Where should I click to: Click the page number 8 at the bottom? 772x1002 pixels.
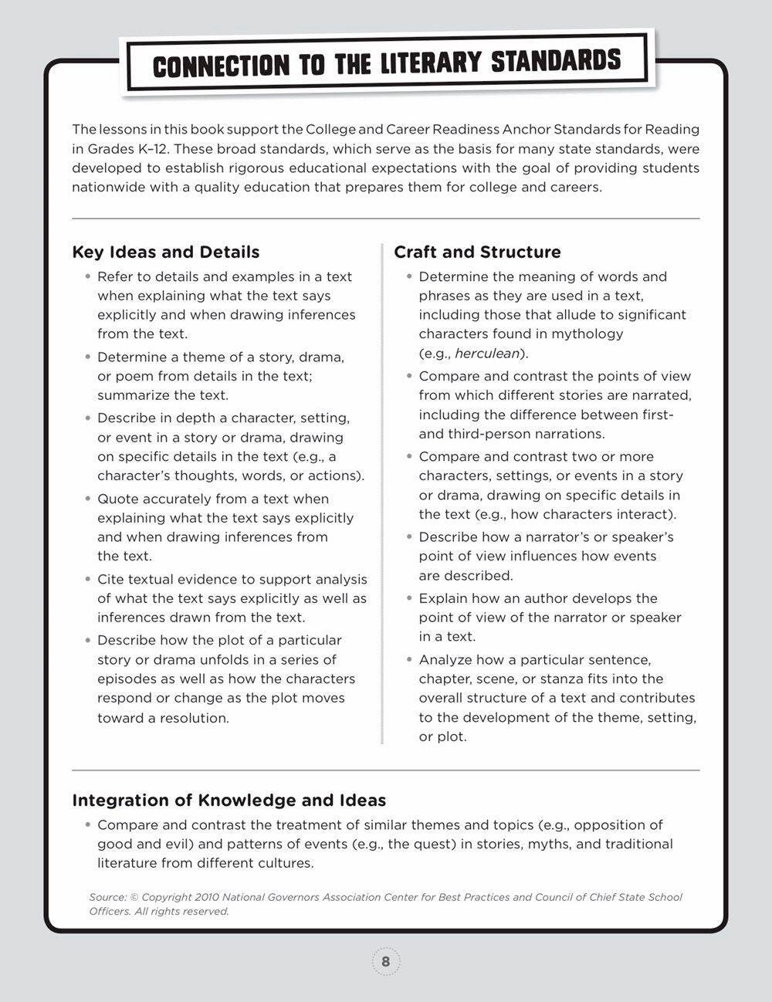386,962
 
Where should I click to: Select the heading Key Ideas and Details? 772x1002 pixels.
165,252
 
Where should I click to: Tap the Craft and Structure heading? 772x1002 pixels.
477,252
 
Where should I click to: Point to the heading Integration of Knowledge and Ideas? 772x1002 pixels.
229,801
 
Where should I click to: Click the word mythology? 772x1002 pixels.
585,334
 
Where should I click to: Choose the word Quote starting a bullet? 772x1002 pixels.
117,499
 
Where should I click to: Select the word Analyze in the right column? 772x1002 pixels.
445,660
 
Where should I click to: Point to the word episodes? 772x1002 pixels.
127,679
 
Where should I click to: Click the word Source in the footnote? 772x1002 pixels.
107,897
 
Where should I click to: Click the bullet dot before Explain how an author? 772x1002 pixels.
410,599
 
